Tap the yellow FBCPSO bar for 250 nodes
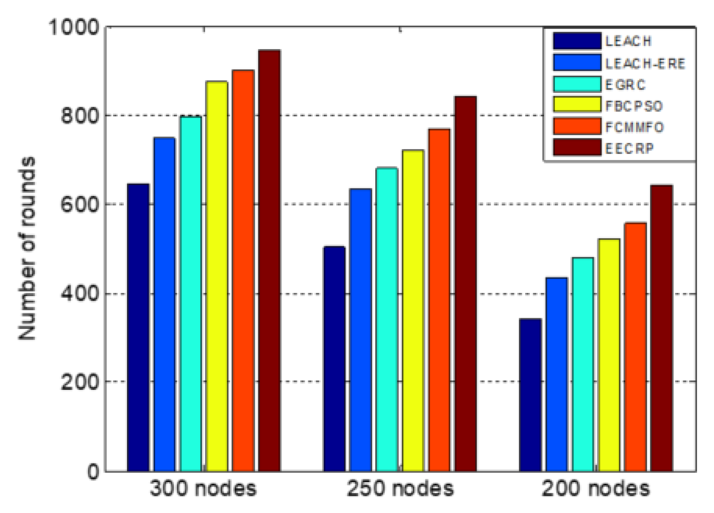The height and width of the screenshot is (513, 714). tap(413, 310)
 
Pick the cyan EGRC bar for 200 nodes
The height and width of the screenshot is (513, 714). tap(583, 364)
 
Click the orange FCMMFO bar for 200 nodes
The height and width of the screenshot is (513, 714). tap(635, 347)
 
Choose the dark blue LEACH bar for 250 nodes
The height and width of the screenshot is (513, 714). tap(334, 359)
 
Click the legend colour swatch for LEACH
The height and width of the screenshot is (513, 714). tap(577, 41)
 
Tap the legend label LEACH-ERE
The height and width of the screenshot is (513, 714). tap(645, 63)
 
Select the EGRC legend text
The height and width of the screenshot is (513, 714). tap(625, 85)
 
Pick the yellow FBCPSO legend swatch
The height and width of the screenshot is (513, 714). tap(577, 105)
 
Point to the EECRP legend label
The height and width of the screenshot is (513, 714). tap(629, 148)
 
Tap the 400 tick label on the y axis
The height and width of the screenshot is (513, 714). tap(80, 294)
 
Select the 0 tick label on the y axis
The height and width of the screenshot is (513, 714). tap(93, 471)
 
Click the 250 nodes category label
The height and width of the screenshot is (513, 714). tap(400, 489)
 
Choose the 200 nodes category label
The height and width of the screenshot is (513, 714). tap(595, 489)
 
